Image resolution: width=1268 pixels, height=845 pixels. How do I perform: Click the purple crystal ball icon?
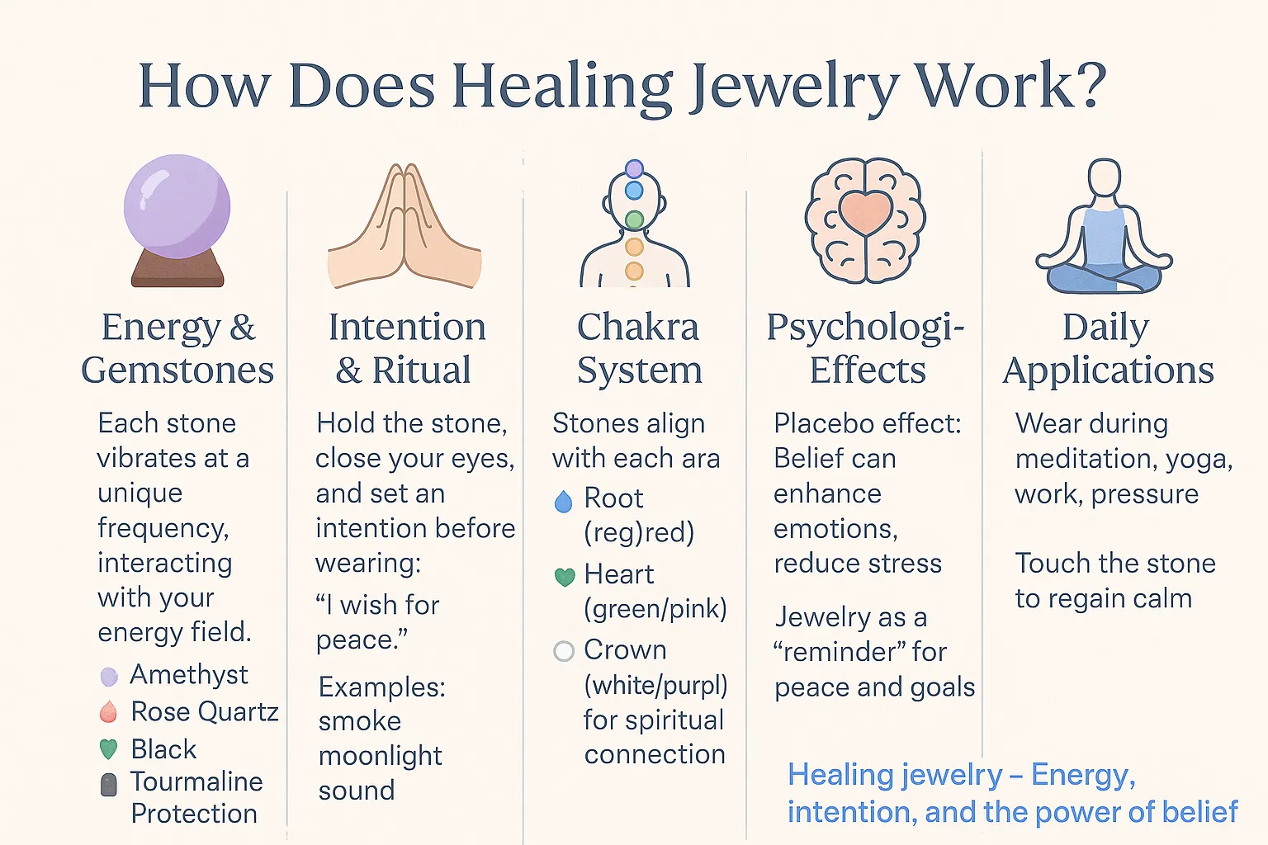[x=177, y=220]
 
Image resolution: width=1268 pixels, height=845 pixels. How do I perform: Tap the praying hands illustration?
[x=405, y=226]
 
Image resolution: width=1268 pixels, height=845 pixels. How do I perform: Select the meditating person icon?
[x=1104, y=225]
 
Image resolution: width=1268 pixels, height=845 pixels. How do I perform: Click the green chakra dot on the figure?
[x=635, y=219]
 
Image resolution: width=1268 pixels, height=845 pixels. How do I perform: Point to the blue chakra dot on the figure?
[x=634, y=190]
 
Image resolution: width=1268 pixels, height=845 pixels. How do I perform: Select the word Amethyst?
[x=189, y=675]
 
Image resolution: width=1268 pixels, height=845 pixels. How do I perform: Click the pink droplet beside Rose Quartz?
[x=108, y=711]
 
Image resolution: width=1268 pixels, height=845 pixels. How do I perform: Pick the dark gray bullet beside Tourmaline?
[x=108, y=785]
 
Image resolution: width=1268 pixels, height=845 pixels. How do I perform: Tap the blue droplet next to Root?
[x=563, y=502]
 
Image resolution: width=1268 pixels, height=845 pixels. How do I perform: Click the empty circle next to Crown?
[x=564, y=651]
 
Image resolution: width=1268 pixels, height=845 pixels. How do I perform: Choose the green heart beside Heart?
[x=565, y=577]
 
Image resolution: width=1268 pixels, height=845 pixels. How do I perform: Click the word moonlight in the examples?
[x=381, y=757]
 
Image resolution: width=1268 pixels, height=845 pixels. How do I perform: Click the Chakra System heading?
[x=638, y=348]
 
